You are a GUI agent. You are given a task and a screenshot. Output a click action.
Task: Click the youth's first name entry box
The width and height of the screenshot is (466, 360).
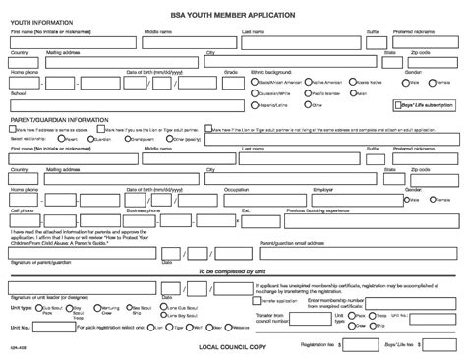pyautogui.click(x=75, y=41)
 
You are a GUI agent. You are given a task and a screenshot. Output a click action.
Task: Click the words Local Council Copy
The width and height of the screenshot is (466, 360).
pyautogui.click(x=233, y=346)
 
